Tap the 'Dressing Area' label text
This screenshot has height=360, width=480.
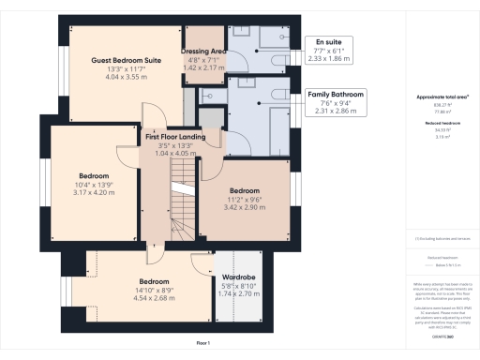[204, 52]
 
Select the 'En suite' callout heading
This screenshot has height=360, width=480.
[328, 41]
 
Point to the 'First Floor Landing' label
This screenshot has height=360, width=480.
[183, 137]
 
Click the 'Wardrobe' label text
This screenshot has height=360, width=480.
[238, 277]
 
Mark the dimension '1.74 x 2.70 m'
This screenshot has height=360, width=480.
[238, 294]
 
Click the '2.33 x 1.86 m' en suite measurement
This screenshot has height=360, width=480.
[328, 58]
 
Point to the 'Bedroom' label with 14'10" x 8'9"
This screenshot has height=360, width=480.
[155, 281]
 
